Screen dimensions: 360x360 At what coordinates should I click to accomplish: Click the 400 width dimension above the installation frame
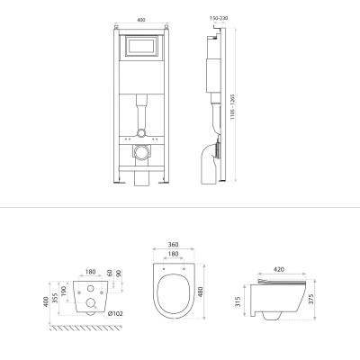[x=141, y=20]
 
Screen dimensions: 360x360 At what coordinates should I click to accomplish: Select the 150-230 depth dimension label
[x=219, y=18]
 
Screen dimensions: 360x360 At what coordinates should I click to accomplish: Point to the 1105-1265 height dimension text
[x=232, y=107]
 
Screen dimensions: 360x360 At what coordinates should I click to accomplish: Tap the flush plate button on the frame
[x=141, y=46]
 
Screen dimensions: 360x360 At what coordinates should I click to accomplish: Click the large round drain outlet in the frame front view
[x=141, y=152]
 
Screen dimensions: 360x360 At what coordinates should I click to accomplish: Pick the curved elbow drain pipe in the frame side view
[x=210, y=164]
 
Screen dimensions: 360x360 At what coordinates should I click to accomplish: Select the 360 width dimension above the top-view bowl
[x=174, y=245]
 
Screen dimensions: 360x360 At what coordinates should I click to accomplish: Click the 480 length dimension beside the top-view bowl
[x=201, y=292]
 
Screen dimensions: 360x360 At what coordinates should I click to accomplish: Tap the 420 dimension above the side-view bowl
[x=279, y=269]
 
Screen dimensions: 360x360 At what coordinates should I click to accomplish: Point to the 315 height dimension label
[x=238, y=301]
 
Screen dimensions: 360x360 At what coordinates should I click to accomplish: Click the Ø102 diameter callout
[x=115, y=314]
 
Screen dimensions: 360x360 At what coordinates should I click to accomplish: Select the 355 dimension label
[x=55, y=298]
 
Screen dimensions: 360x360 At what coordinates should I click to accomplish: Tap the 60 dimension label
[x=110, y=273]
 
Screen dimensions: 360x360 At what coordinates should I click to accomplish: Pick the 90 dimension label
[x=118, y=273]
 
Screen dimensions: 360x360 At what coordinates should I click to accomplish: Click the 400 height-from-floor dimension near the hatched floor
[x=46, y=301]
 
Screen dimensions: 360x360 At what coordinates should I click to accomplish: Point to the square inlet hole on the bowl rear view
[x=90, y=288]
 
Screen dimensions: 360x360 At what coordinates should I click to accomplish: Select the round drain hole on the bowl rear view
[x=90, y=302]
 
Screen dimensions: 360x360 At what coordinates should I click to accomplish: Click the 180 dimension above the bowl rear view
[x=90, y=272]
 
